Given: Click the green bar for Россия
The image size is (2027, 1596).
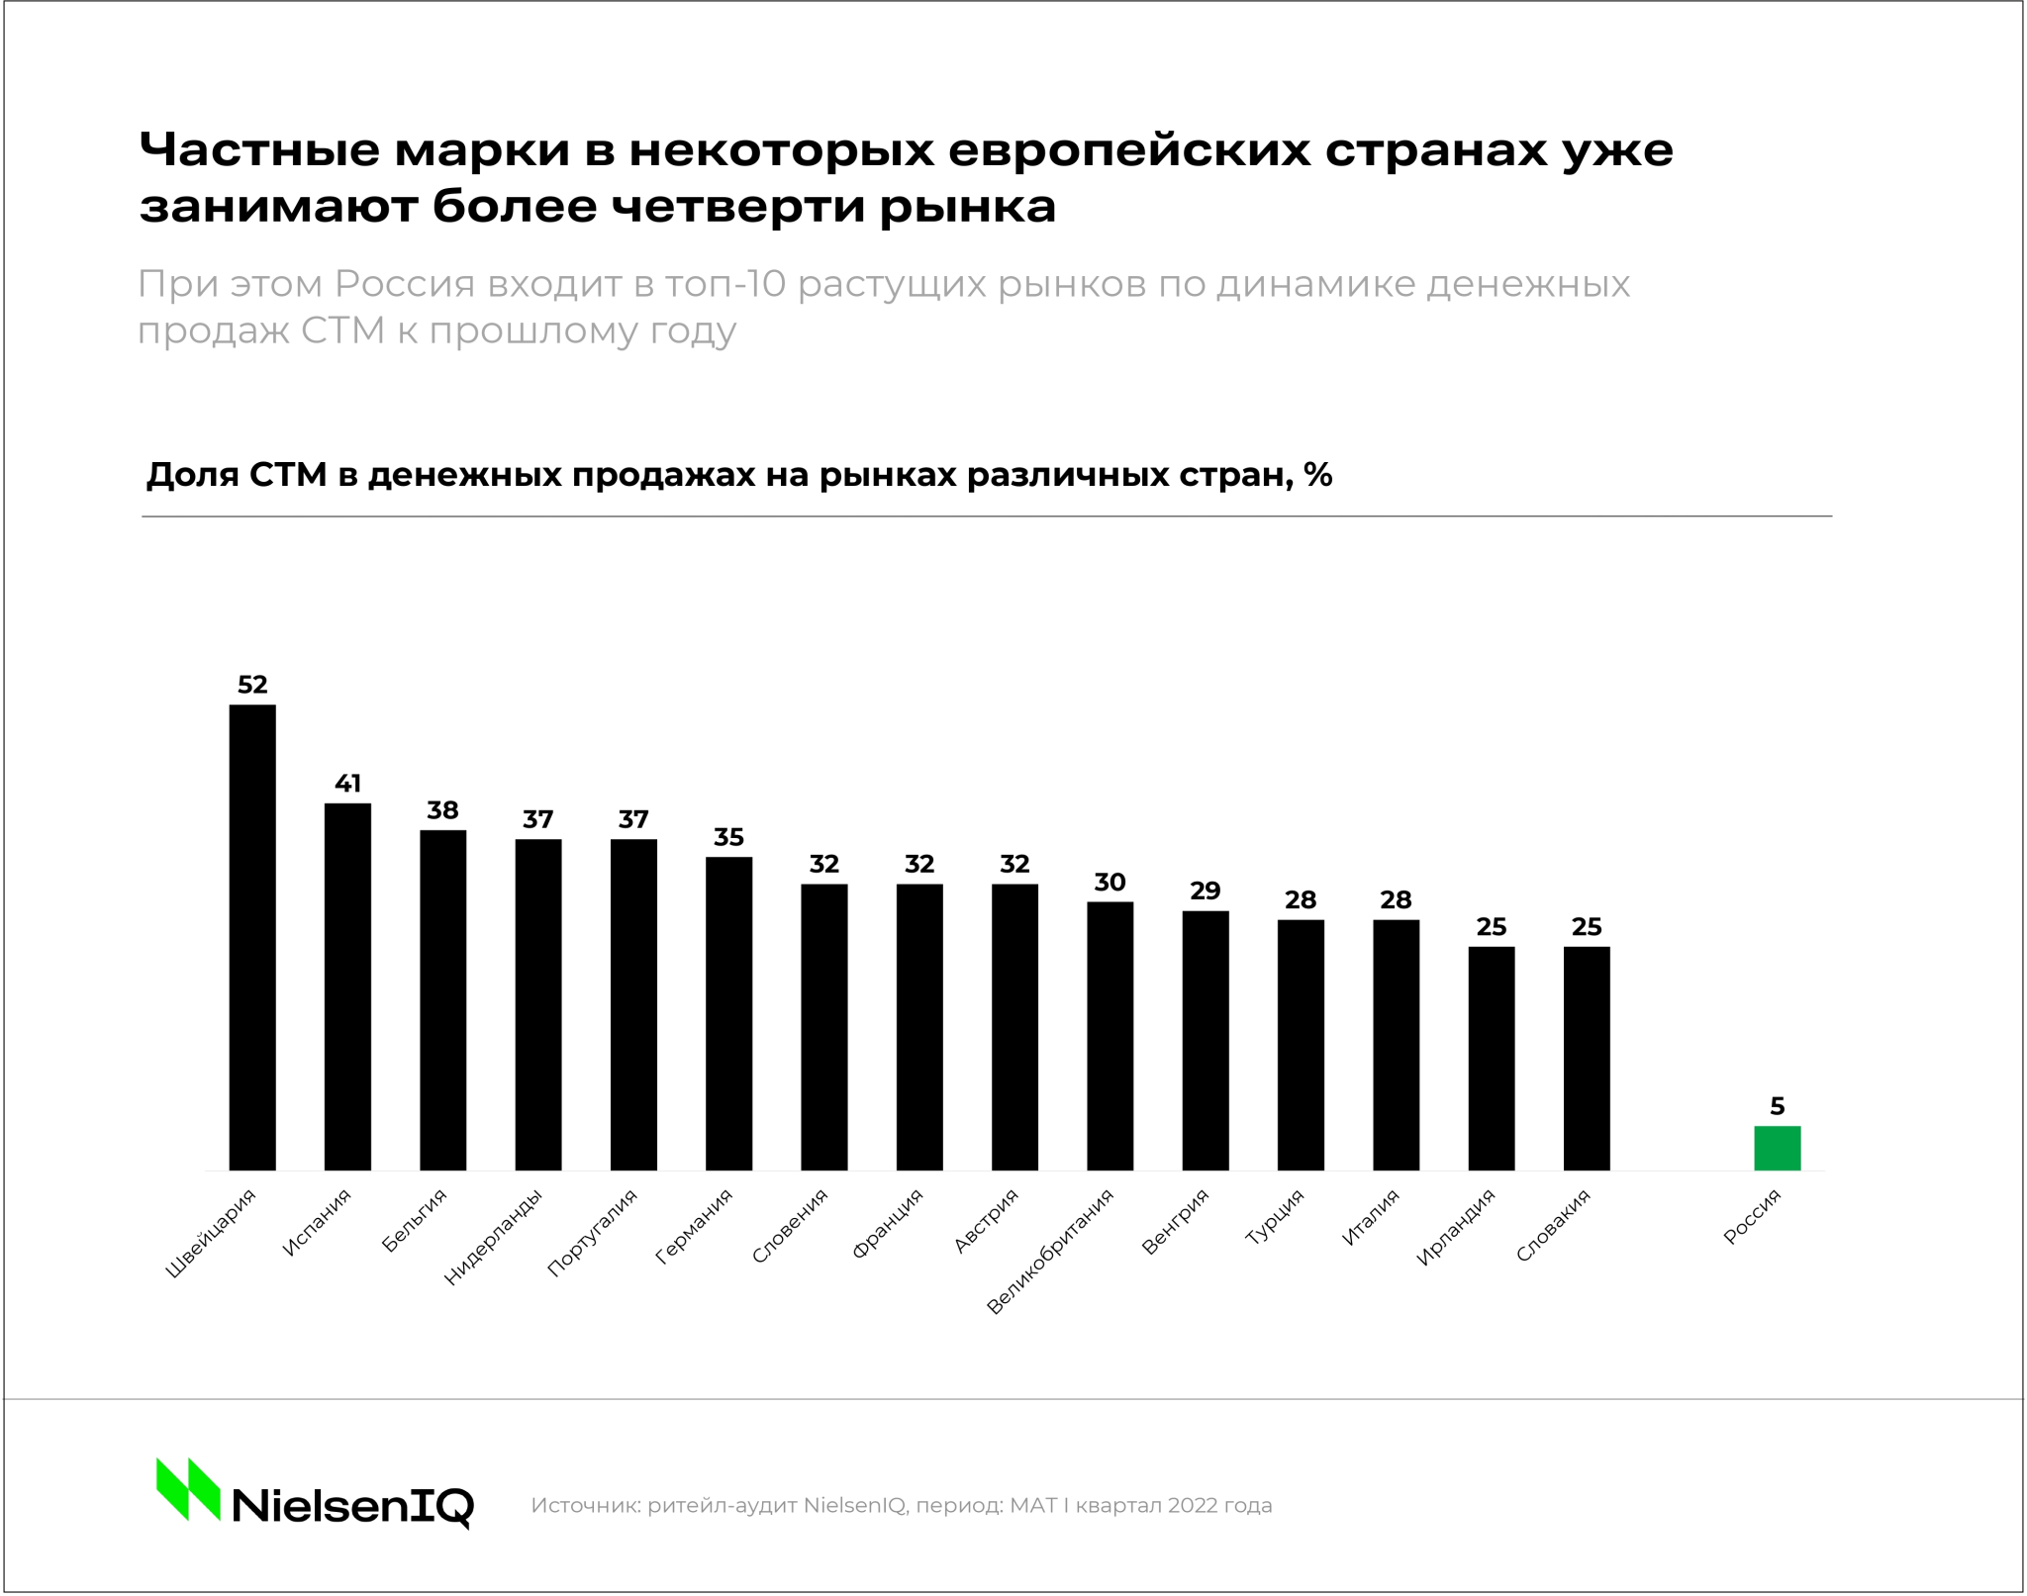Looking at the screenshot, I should pyautogui.click(x=1777, y=1148).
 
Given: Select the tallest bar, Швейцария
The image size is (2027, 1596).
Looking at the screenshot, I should pyautogui.click(x=252, y=937).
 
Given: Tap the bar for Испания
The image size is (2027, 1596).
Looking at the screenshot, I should pyautogui.click(x=347, y=986).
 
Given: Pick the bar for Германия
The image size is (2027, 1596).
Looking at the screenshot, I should pyautogui.click(x=728, y=1013).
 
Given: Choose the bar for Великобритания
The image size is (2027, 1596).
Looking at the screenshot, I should pyautogui.click(x=1110, y=1036).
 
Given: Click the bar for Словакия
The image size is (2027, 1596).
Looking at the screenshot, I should pyautogui.click(x=1587, y=1059).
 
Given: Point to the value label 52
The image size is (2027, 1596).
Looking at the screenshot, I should pyautogui.click(x=252, y=685).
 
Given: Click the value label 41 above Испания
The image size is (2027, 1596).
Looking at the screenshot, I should pyautogui.click(x=347, y=784).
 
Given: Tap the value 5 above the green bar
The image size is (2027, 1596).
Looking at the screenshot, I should pyautogui.click(x=1777, y=1106).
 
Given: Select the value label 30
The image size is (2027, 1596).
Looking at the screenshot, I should pyautogui.click(x=1110, y=882).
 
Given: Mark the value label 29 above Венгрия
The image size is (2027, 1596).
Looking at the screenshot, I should pyautogui.click(x=1205, y=891).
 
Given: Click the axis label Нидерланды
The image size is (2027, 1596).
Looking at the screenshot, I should pyautogui.click(x=493, y=1237).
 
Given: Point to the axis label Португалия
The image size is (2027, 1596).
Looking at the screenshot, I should pyautogui.click(x=592, y=1233).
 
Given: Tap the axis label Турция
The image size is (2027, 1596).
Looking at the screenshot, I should pyautogui.click(x=1275, y=1216).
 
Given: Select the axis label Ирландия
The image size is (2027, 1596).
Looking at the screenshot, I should pyautogui.click(x=1455, y=1227).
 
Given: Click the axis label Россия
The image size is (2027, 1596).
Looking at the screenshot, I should pyautogui.click(x=1752, y=1216).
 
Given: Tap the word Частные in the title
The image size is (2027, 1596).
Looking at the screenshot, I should pyautogui.click(x=259, y=150).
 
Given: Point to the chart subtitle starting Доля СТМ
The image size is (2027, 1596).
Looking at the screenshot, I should pyautogui.click(x=738, y=476).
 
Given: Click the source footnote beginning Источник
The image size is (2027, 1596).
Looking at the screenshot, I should pyautogui.click(x=901, y=1505).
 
